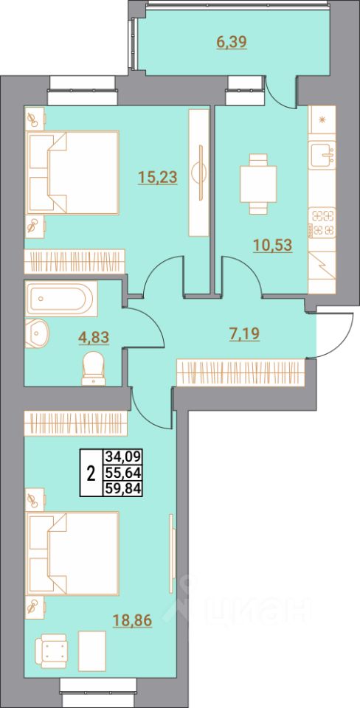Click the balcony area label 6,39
(231, 42)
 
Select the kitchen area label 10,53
(272, 245)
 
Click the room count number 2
(91, 473)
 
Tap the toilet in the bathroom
(94, 367)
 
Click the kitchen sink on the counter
(322, 156)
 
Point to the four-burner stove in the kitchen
(322, 222)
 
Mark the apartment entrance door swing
(325, 336)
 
